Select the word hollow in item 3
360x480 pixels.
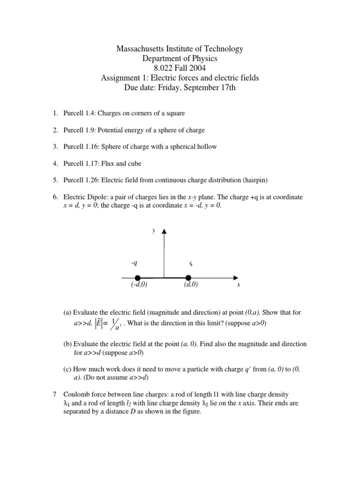(206, 147)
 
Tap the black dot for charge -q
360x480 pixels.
(137, 277)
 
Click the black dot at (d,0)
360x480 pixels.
(188, 277)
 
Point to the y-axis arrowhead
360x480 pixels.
(164, 231)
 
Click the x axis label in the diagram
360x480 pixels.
(239, 285)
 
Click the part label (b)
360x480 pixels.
(68, 344)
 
